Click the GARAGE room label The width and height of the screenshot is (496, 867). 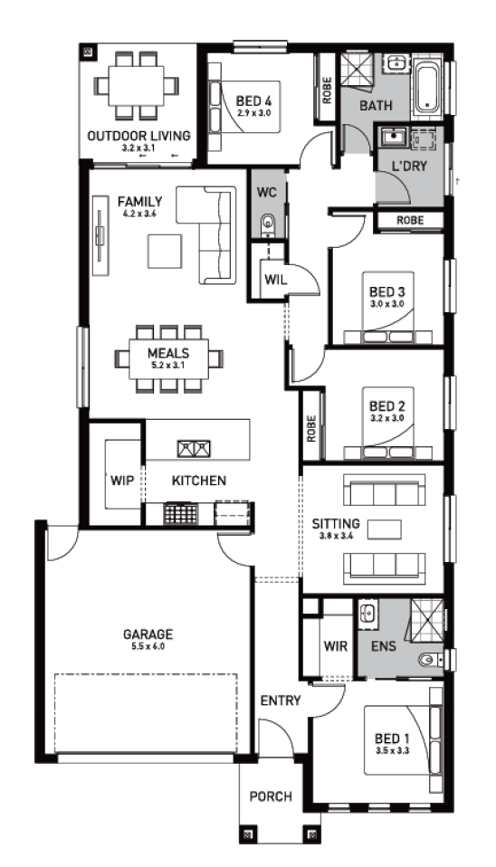point(148,634)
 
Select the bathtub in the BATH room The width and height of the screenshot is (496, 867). point(427,89)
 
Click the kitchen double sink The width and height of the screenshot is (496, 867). point(194,448)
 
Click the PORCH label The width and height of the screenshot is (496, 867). point(271,796)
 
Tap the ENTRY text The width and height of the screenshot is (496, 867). point(281,701)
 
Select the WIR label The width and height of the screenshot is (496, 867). point(336,646)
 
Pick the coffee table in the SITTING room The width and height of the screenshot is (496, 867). point(386,529)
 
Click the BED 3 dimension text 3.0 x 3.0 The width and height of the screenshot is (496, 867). point(387,303)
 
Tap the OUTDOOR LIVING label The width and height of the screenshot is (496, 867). point(138,136)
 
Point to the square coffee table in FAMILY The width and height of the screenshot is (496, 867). point(165,251)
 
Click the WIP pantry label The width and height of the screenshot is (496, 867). point(122,481)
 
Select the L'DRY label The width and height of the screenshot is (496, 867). point(409,166)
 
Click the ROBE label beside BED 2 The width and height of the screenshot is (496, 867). point(311,429)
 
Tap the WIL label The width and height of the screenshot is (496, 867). point(275,280)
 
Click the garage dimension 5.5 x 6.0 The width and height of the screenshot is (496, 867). point(148,646)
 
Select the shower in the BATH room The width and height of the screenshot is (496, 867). point(358,70)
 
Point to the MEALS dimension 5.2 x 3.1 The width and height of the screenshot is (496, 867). point(168,365)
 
